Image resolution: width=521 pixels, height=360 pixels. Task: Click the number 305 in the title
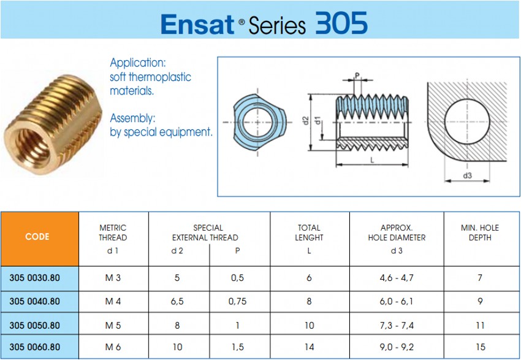(x=341, y=23)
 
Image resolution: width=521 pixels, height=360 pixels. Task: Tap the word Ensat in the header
(x=197, y=25)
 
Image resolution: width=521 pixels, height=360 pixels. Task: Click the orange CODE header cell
(x=40, y=239)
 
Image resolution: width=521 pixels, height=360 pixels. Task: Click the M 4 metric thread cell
(x=113, y=302)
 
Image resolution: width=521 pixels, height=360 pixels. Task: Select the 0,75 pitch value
(x=237, y=302)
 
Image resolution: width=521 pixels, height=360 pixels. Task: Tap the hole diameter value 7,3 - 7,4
(x=397, y=326)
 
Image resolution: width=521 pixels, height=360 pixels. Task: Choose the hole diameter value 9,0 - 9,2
(x=397, y=347)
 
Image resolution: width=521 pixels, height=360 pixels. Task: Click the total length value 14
(x=309, y=347)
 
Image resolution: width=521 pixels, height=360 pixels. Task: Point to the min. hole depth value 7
(x=480, y=278)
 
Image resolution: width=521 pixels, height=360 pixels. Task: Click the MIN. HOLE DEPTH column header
(x=480, y=232)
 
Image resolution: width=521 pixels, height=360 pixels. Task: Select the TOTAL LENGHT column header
(x=309, y=232)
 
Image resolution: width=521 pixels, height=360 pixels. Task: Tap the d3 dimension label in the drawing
(x=467, y=175)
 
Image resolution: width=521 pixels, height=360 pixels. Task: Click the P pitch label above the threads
(x=357, y=75)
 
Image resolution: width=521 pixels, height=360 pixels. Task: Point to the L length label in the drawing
(x=372, y=160)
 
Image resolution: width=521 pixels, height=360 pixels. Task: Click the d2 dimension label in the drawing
(x=306, y=120)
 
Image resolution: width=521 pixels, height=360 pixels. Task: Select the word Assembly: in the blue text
(x=132, y=118)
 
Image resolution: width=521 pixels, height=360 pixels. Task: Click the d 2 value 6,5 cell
(x=177, y=302)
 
